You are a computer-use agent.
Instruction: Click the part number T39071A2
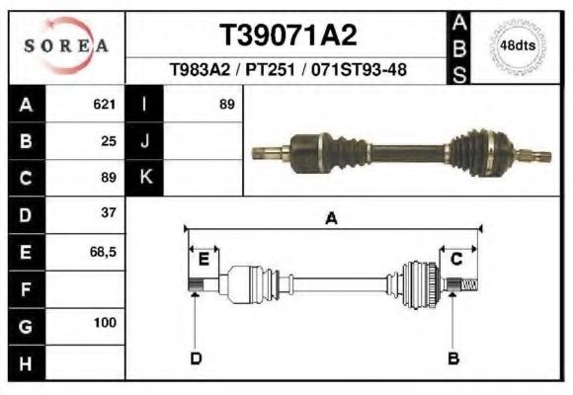[x=287, y=36]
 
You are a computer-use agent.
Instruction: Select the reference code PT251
[x=270, y=69]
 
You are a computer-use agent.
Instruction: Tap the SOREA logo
[x=66, y=45]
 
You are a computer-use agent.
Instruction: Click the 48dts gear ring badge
[x=518, y=46]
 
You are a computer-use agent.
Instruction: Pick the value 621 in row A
[x=105, y=104]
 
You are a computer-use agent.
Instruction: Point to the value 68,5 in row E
[x=103, y=252]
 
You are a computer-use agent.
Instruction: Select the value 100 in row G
[x=106, y=323]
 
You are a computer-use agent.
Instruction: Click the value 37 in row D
[x=109, y=212]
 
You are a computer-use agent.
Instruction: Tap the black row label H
[x=27, y=363]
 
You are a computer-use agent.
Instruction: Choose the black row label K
[x=144, y=178]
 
